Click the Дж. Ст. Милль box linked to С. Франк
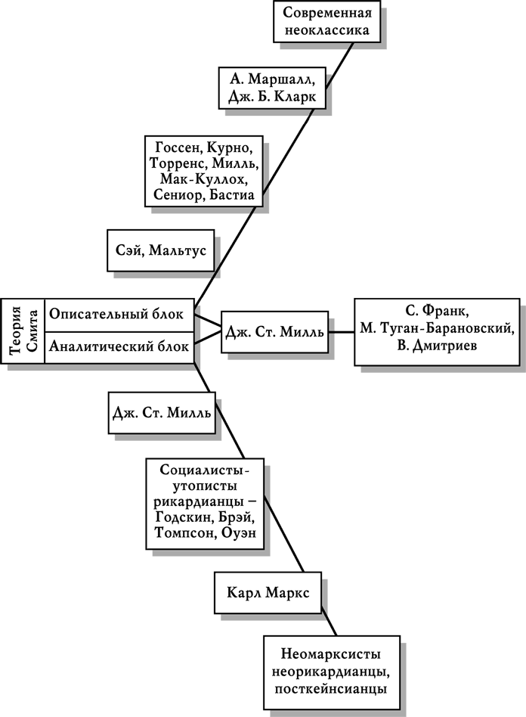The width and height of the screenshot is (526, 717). (275, 332)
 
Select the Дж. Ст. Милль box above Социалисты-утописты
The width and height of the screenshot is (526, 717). (160, 413)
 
